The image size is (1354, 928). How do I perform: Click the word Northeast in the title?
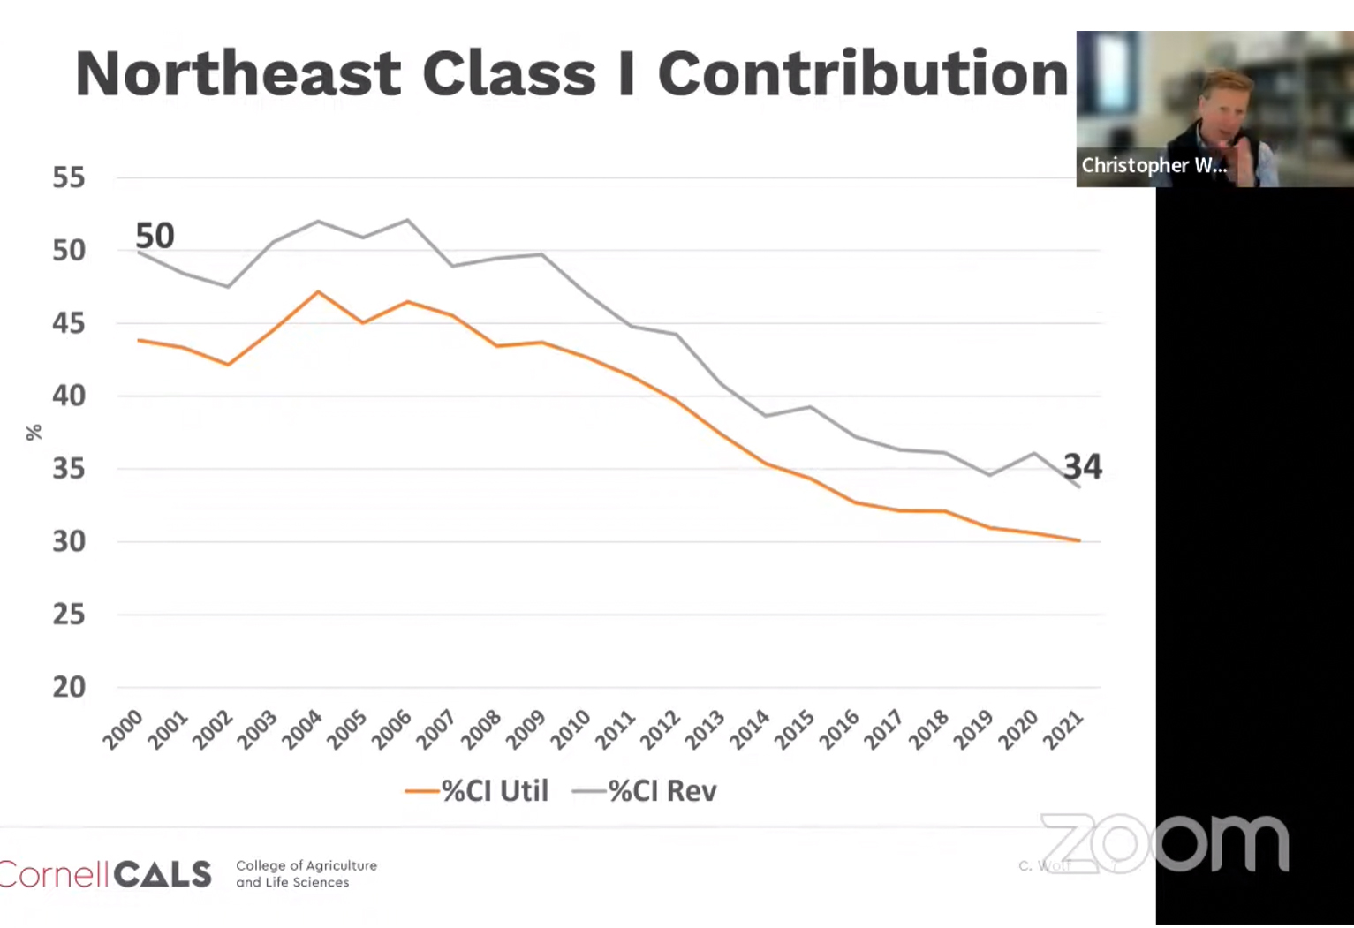238,73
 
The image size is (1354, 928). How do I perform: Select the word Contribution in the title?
863,73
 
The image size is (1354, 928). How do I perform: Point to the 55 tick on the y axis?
69,177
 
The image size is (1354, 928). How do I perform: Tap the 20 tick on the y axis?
69,687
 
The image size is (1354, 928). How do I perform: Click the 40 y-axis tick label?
69,396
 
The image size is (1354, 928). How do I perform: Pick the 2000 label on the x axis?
124,730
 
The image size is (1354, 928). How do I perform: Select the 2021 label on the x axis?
1063,730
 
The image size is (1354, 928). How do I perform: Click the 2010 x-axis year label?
571,730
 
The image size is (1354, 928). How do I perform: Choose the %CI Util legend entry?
477,791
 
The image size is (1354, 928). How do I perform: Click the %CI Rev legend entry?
645,791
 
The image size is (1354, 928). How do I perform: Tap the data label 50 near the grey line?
155,236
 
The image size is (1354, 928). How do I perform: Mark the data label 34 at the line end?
1082,466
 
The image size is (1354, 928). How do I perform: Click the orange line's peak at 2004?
318,291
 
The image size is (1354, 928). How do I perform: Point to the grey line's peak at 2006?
408,220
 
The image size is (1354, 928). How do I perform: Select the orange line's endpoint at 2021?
1078,540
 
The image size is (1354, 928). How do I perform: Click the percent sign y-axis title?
34,433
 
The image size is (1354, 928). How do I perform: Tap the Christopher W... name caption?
1154,166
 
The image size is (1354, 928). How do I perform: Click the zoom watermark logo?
1165,843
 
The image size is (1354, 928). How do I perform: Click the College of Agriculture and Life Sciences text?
306,874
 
